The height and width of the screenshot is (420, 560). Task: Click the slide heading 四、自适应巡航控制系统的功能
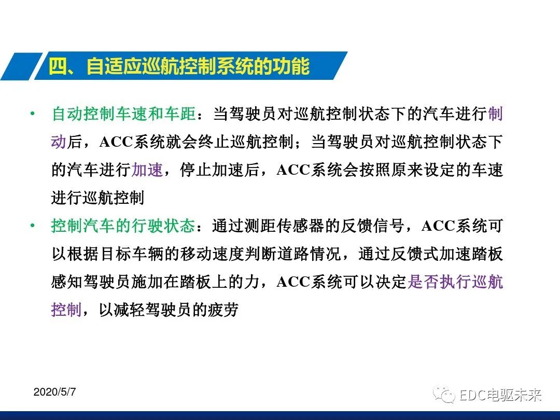179,66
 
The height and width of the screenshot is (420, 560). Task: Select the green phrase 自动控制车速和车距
124,114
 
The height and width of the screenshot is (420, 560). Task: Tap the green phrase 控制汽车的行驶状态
124,226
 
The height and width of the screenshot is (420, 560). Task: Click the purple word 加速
148,170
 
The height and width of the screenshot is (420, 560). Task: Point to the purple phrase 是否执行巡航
456,282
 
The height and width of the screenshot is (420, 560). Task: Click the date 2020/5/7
54,392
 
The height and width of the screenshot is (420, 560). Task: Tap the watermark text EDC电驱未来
500,396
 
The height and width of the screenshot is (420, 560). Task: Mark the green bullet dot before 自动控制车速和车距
33,114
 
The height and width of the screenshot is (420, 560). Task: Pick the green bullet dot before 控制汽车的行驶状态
33,226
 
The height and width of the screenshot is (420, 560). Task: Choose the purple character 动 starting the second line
59,142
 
